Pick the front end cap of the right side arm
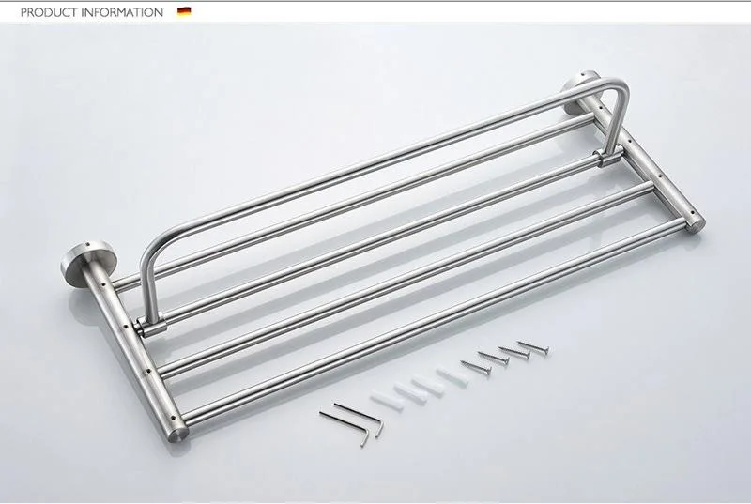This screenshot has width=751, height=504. coord(696,225)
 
